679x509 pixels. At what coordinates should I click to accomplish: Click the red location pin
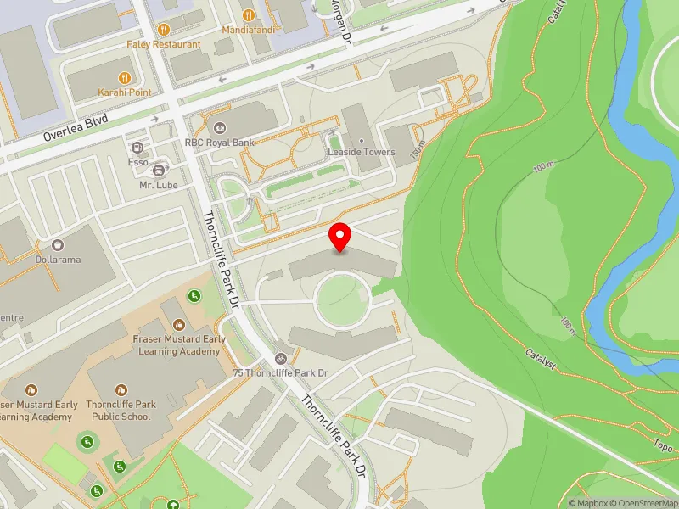[x=340, y=237]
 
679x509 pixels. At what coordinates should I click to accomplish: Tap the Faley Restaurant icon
[x=164, y=28]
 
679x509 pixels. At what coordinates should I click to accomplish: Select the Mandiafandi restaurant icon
[x=248, y=14]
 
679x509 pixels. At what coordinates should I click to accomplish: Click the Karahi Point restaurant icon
[x=124, y=77]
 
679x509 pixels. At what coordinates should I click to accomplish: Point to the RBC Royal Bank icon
[x=220, y=128]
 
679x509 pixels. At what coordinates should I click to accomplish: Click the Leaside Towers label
[x=362, y=152]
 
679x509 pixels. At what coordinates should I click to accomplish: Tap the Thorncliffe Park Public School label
[x=118, y=411]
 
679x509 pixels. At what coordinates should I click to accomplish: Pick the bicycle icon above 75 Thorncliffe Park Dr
[x=280, y=358]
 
